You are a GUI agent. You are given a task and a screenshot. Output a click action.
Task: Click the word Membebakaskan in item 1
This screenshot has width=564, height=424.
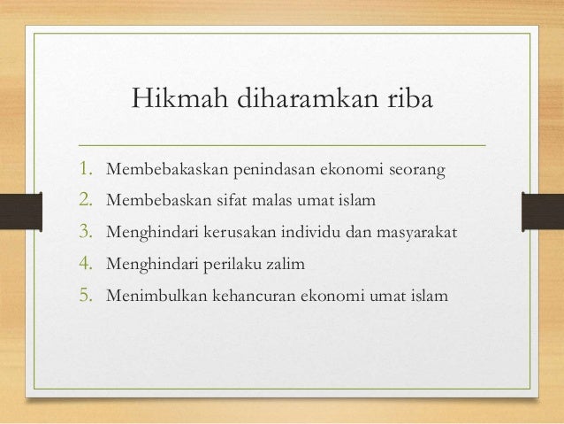point(163,168)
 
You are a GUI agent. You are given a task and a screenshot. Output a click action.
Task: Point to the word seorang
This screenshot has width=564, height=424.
point(415,168)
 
